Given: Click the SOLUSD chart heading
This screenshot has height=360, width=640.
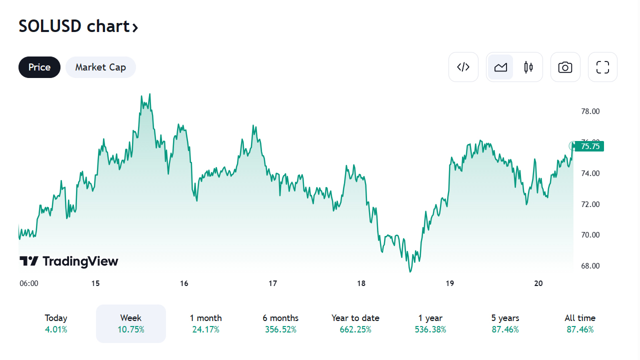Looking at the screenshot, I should coord(78,26).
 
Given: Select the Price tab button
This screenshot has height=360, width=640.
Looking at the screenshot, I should coord(39,67).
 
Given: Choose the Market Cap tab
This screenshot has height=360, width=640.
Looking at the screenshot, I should coord(100,67).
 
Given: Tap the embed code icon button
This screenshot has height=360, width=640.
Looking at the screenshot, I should coord(463,67).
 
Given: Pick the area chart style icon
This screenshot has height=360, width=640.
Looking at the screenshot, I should coord(500,67).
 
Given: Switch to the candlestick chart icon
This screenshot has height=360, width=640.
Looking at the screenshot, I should coord(528,67).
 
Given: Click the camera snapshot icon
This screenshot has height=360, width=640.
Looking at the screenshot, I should coord(565,67).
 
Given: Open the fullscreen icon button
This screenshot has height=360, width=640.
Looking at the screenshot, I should coord(602,67).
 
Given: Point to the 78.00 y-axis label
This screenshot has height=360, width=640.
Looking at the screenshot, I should coord(590,111).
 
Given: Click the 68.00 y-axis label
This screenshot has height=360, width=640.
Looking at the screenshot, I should coord(590,266).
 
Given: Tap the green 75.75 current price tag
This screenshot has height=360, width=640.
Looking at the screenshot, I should coord(590,146).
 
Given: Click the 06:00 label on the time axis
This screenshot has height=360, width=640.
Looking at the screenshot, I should coord(29,283).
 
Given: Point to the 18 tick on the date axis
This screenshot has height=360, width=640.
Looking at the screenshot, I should coord(361,283).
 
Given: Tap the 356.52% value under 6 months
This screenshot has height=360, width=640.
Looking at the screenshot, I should coord(280,329).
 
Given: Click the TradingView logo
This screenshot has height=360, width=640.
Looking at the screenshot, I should coord(69,261).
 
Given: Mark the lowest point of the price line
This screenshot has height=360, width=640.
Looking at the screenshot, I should coord(410,271).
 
